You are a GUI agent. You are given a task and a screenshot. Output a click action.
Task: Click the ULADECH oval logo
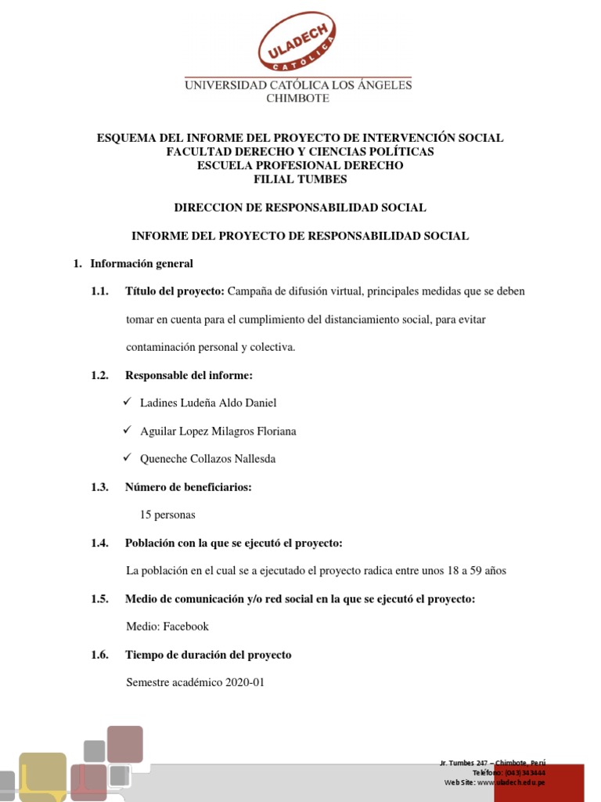tap(297, 44)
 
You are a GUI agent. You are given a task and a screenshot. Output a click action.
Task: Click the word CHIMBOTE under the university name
tap(297, 99)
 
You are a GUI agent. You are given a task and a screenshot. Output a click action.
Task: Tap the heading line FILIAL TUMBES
tap(300, 179)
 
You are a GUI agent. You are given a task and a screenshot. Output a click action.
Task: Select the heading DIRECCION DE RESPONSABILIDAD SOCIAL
tap(300, 208)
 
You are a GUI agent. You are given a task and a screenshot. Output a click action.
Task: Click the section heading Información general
tap(142, 264)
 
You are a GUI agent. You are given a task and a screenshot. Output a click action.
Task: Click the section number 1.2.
tap(99, 375)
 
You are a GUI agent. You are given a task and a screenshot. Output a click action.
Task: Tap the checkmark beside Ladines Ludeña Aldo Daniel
tap(128, 402)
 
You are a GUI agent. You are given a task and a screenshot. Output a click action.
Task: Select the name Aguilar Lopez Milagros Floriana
tap(218, 431)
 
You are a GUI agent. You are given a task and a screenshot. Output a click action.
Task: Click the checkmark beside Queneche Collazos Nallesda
tap(128, 458)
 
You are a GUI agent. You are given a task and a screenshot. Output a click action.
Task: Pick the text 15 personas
tap(167, 515)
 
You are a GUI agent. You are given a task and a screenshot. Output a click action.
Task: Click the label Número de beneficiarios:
tap(188, 487)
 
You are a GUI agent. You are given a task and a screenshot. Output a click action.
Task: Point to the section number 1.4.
tap(99, 543)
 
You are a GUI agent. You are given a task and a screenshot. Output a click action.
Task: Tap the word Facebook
tap(187, 627)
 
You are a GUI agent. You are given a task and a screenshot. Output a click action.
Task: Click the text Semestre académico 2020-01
tap(196, 682)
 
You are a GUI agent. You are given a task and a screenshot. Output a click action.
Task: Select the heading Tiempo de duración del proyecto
tap(208, 655)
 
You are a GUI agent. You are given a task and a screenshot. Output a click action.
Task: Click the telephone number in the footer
tap(525, 772)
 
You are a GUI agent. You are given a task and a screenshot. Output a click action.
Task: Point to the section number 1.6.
tap(99, 655)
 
